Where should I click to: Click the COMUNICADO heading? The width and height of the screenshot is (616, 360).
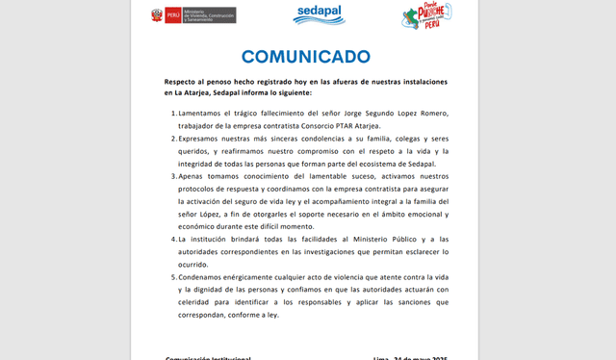click(x=305, y=56)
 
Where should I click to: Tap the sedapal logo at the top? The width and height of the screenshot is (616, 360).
click(x=319, y=14)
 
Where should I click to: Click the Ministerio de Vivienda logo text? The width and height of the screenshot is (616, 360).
click(x=209, y=14)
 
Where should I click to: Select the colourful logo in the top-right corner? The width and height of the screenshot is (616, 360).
click(x=427, y=15)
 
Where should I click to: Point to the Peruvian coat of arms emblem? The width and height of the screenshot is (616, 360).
click(x=157, y=14)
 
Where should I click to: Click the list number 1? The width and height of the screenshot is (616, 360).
click(x=173, y=114)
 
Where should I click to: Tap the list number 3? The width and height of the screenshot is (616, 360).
click(x=173, y=176)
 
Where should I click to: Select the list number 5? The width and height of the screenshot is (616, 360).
click(x=173, y=276)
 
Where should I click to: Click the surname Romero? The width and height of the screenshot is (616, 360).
click(x=428, y=114)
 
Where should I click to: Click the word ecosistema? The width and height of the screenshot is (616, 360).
click(x=375, y=164)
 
